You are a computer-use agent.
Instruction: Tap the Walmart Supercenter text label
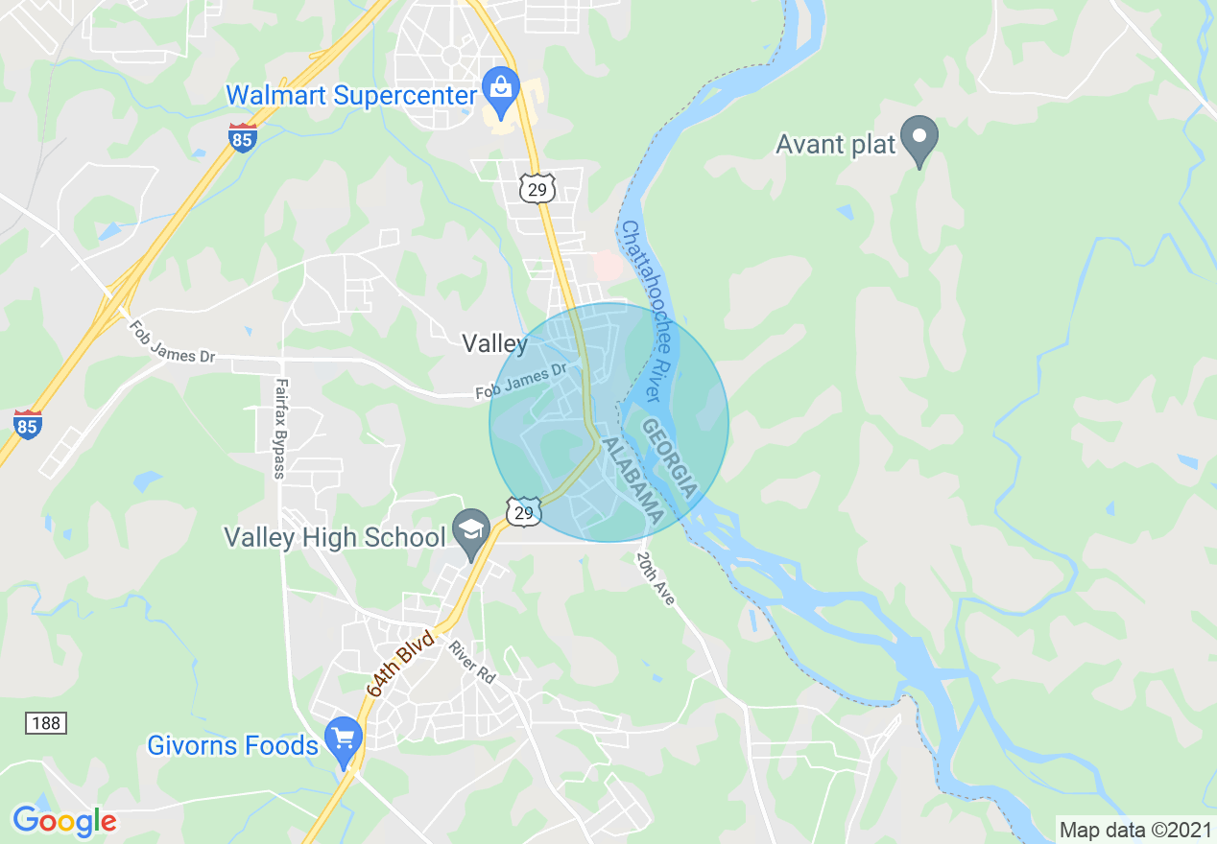pyautogui.click(x=351, y=96)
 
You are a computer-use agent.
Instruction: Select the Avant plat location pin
pyautogui.click(x=920, y=139)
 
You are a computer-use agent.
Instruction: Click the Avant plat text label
pyautogui.click(x=835, y=146)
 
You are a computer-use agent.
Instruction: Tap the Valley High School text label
pyautogui.click(x=335, y=537)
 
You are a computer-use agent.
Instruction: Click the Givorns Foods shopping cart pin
pyautogui.click(x=344, y=739)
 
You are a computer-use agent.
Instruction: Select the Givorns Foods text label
pyautogui.click(x=232, y=745)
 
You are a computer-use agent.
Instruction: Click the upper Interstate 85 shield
pyautogui.click(x=243, y=137)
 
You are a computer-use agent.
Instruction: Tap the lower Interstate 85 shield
pyautogui.click(x=28, y=424)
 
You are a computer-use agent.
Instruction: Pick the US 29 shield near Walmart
pyautogui.click(x=537, y=188)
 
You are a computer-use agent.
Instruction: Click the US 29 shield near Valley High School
pyautogui.click(x=523, y=511)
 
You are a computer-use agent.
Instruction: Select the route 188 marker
pyautogui.click(x=45, y=723)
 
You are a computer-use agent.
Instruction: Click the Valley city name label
pyautogui.click(x=494, y=343)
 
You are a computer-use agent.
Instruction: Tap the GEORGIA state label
pyautogui.click(x=669, y=457)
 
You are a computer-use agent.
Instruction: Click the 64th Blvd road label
pyautogui.click(x=401, y=663)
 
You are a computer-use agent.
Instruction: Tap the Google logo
pyautogui.click(x=64, y=821)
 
